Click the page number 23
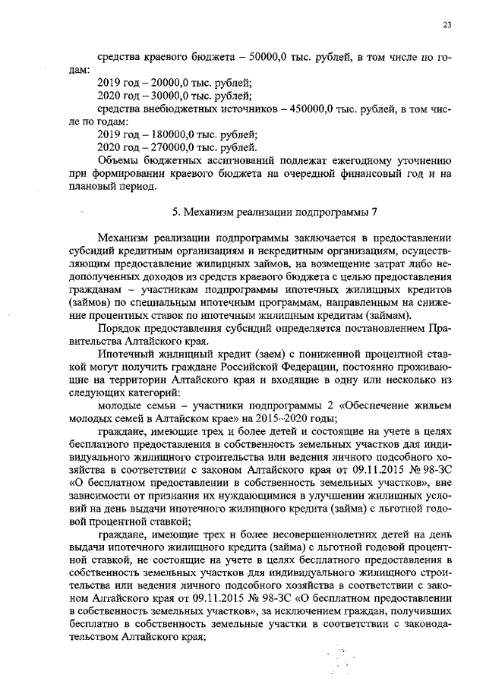[447, 26]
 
